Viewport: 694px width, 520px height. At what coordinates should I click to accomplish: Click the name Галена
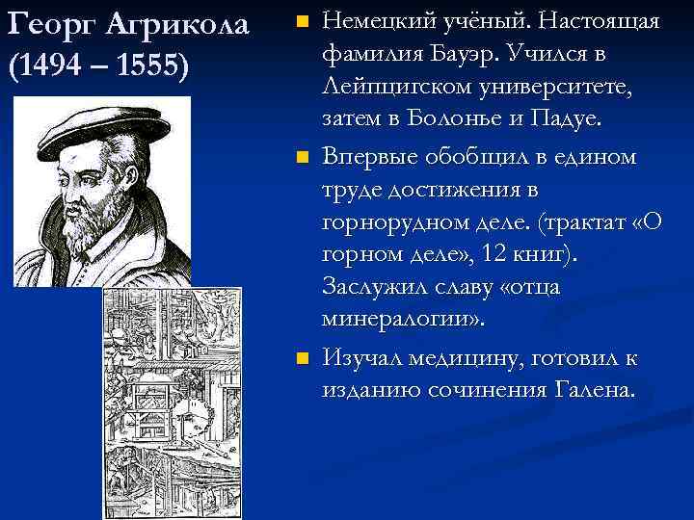pyautogui.click(x=596, y=392)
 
